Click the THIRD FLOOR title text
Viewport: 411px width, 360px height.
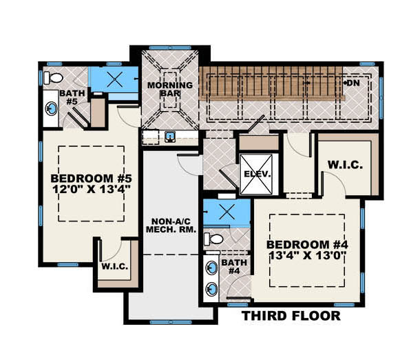[x=290, y=317]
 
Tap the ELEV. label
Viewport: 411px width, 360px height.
[x=257, y=166]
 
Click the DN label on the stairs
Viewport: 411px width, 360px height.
[x=353, y=83]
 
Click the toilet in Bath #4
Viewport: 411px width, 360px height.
[x=215, y=239]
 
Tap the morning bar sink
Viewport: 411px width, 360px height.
[x=169, y=137]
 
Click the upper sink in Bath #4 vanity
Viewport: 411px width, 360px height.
[x=213, y=266]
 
